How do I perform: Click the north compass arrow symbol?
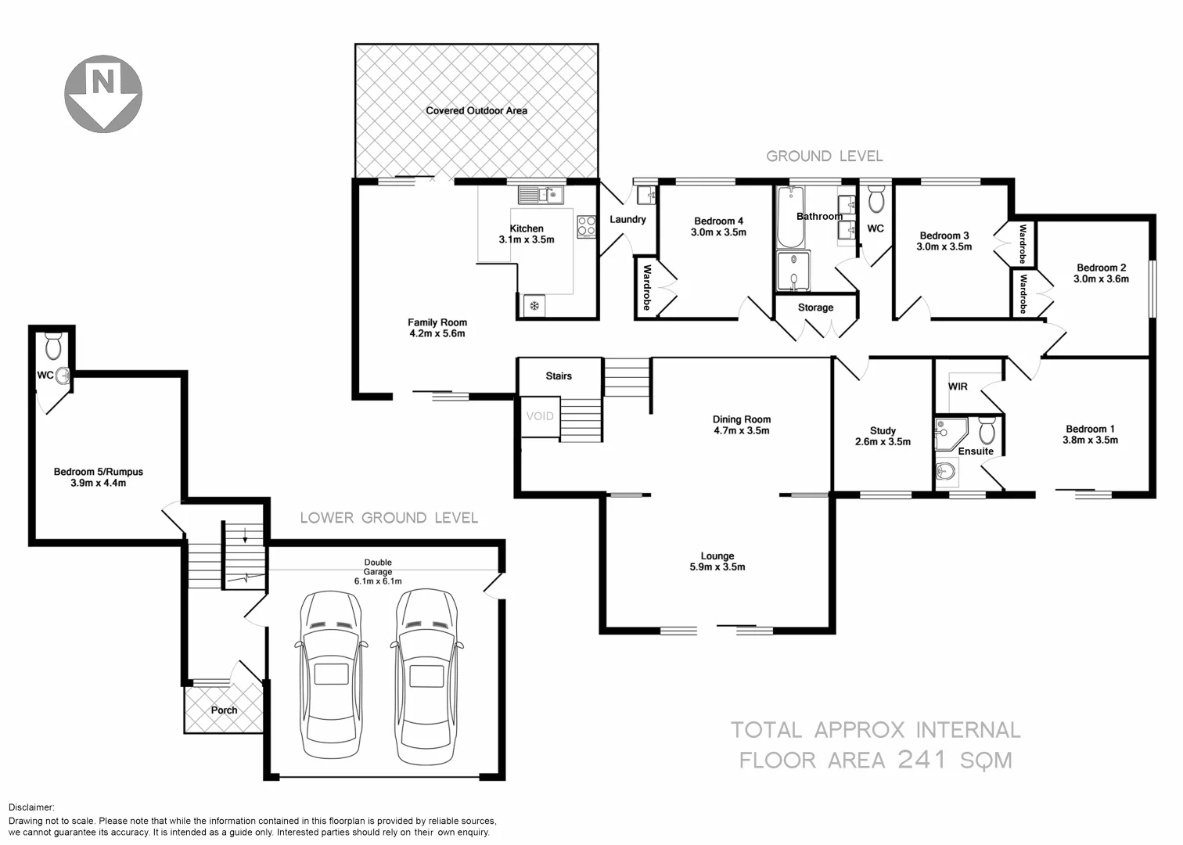(x=102, y=92)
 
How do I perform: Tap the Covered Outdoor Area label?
(x=476, y=111)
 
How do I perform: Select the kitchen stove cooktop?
(x=585, y=227)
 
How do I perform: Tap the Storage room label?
(x=815, y=307)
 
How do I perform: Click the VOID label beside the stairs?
(x=539, y=416)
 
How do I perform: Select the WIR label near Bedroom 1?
(x=958, y=387)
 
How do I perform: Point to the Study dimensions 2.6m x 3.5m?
(x=883, y=441)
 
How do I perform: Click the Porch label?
(x=225, y=710)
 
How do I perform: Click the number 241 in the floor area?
(x=923, y=759)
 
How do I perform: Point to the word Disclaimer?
(x=31, y=807)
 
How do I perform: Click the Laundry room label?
(x=627, y=220)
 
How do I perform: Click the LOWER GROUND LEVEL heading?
(x=389, y=518)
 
